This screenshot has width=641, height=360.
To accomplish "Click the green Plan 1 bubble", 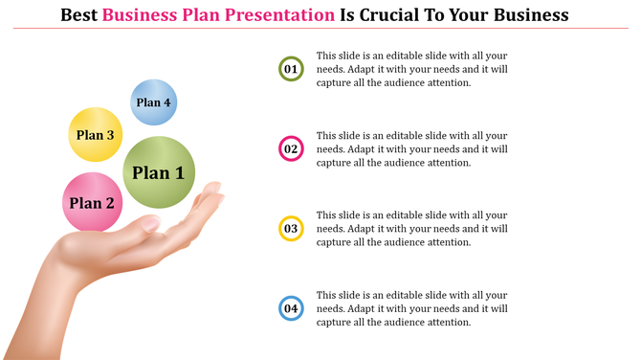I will click(159, 172).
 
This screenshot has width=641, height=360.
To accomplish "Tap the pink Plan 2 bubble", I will click(92, 202).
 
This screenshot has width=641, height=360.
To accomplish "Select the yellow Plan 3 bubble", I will click(96, 135).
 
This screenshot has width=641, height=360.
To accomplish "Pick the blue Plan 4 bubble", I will click(153, 102).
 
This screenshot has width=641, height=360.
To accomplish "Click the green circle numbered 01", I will click(291, 69).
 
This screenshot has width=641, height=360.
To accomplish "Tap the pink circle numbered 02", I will click(291, 149).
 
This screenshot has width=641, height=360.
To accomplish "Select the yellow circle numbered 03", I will click(291, 229).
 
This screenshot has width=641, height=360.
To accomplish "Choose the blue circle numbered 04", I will click(291, 309).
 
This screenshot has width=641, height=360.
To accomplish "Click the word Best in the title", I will click(79, 15).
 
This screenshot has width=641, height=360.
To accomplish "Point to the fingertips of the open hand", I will click(212, 191).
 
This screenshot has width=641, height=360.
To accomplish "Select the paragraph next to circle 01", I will click(412, 69).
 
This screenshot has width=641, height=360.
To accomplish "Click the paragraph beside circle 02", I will click(412, 149).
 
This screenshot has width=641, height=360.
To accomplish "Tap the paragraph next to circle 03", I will click(412, 229).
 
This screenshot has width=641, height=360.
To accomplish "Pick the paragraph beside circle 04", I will click(412, 309).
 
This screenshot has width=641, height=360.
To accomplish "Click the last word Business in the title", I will click(527, 15).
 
